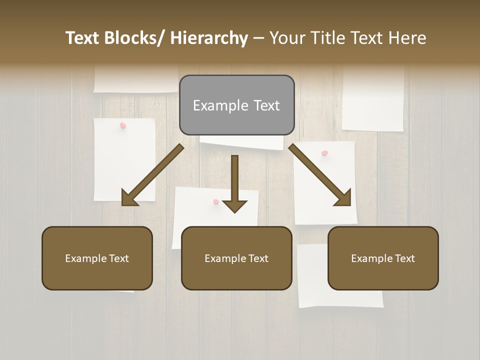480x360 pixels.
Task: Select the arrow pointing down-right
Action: [x=320, y=175]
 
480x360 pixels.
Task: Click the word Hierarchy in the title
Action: [x=209, y=38]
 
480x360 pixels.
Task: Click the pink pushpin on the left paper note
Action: [x=122, y=125]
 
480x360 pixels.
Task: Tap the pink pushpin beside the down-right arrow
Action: [x=325, y=153]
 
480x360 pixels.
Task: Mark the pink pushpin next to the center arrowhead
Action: [x=216, y=202]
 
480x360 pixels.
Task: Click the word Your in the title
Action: [x=287, y=38]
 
